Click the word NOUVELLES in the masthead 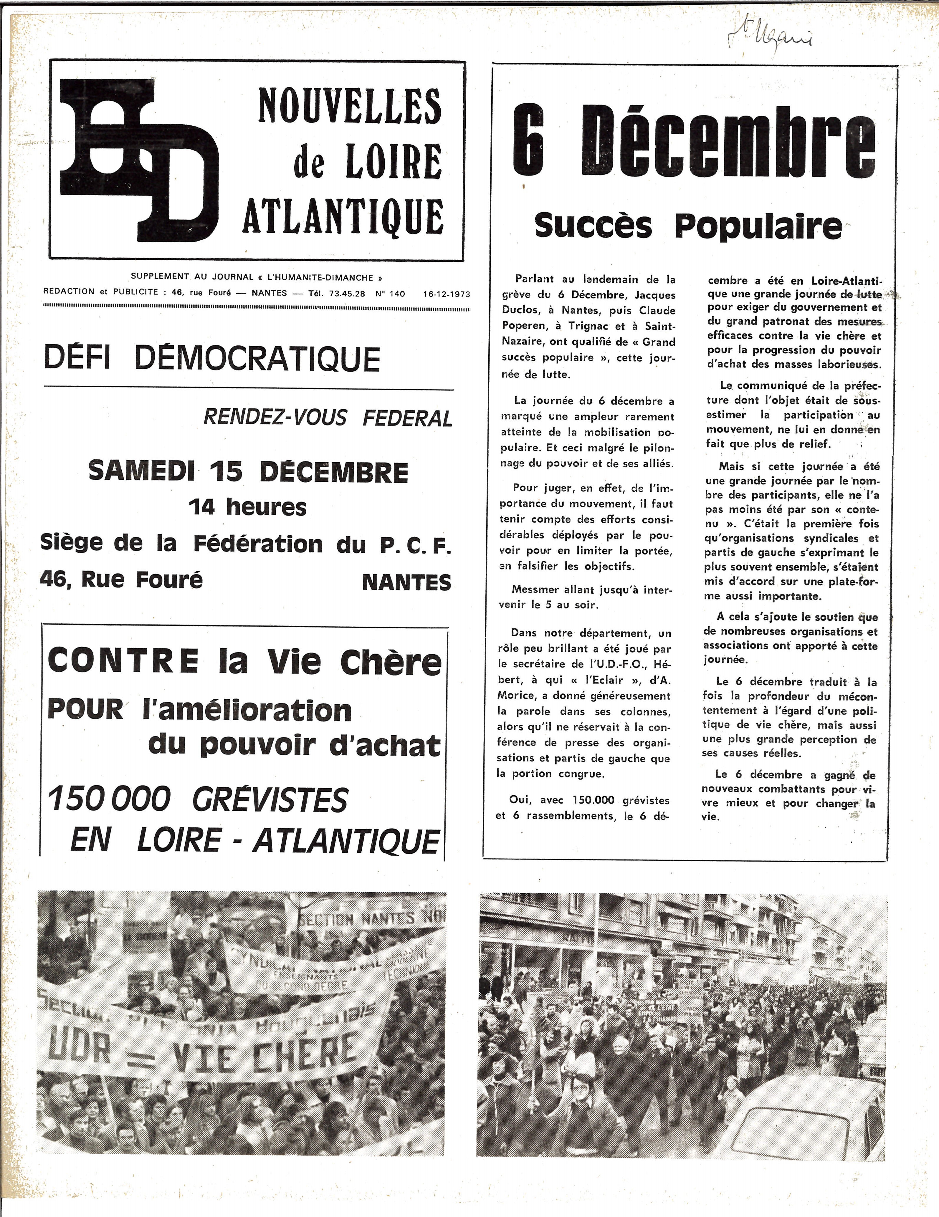click(349, 106)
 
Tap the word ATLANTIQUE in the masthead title click(343, 215)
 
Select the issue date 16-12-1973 click(446, 294)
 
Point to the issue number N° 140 click(390, 294)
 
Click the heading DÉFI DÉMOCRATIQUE click(212, 358)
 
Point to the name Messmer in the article click(533, 590)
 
